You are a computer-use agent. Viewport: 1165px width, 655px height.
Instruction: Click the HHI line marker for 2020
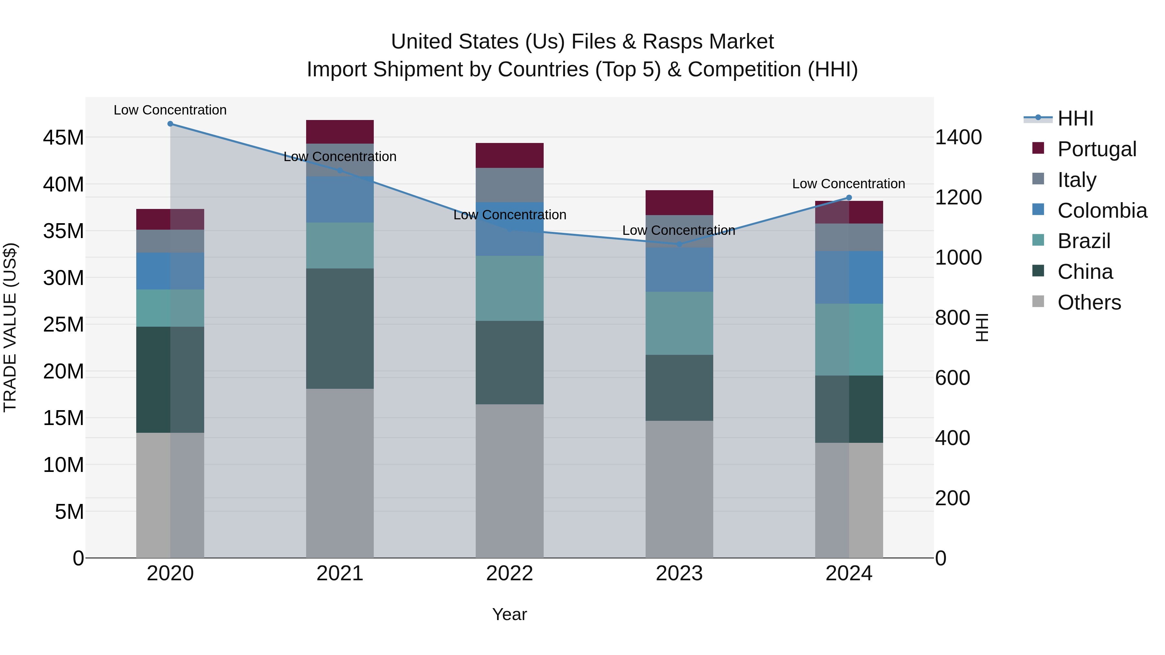(x=170, y=124)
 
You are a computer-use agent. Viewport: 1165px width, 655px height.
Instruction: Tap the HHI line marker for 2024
(x=849, y=198)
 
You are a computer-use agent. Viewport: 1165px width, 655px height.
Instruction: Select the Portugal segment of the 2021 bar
(x=340, y=132)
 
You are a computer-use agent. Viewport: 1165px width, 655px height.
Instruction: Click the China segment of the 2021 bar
(x=340, y=329)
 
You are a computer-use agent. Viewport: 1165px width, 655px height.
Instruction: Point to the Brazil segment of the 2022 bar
(x=509, y=289)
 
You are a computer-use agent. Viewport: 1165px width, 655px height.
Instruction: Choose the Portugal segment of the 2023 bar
(x=679, y=202)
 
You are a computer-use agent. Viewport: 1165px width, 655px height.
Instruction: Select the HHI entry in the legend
(x=1075, y=118)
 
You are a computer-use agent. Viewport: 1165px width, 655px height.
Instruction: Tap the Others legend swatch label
(x=1089, y=302)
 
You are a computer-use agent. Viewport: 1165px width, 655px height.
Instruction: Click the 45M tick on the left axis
(x=63, y=137)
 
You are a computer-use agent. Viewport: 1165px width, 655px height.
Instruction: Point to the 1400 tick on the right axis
(x=958, y=137)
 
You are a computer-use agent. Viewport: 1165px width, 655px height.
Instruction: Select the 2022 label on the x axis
(x=509, y=573)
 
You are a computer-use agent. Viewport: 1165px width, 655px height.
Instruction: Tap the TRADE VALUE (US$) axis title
(x=10, y=327)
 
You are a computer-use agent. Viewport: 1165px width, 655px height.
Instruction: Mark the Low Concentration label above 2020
(x=170, y=110)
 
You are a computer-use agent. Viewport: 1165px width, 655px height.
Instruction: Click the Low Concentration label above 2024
(x=849, y=184)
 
